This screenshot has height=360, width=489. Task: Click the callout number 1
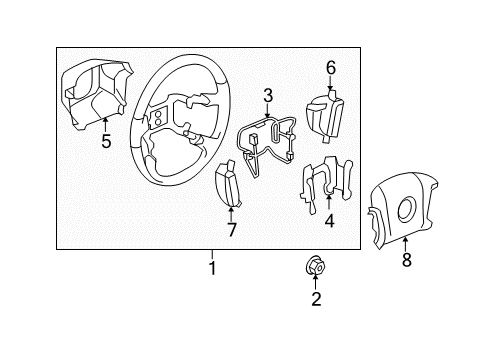tap(211, 268)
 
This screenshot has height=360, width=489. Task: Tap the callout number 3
tap(268, 95)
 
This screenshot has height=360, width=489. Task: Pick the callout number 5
tap(106, 141)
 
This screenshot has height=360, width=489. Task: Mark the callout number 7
tap(231, 230)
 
